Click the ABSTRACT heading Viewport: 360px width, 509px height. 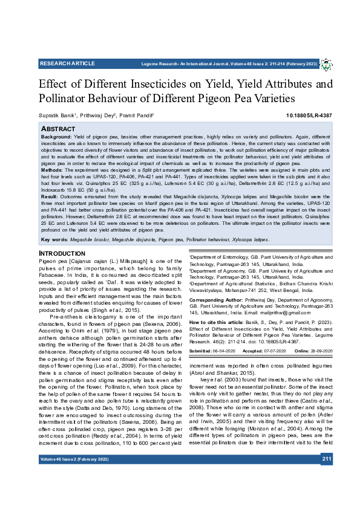57,129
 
